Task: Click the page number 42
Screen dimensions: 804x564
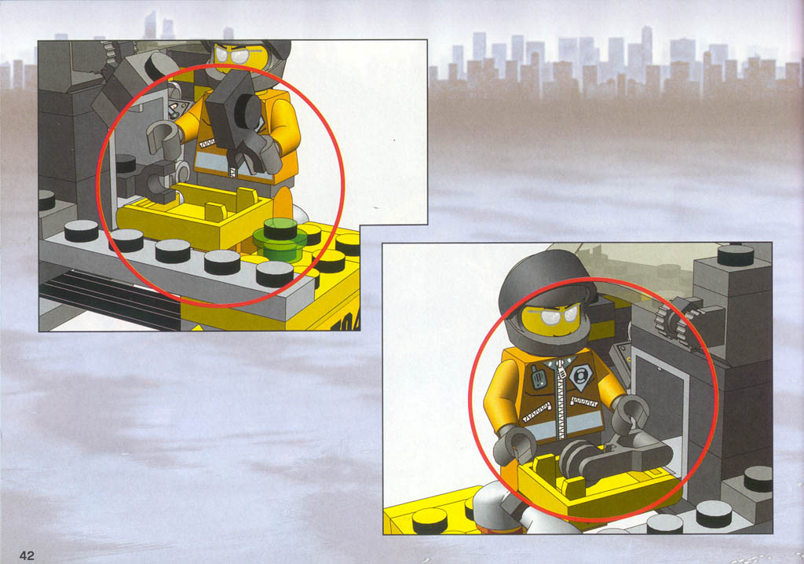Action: point(27,555)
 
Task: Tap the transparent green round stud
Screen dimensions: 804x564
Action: point(280,239)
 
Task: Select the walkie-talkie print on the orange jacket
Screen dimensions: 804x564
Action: point(538,377)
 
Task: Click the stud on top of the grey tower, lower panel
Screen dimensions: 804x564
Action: point(736,255)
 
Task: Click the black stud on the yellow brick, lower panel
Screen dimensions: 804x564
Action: point(430,520)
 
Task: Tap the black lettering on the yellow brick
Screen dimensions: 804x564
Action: point(344,322)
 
